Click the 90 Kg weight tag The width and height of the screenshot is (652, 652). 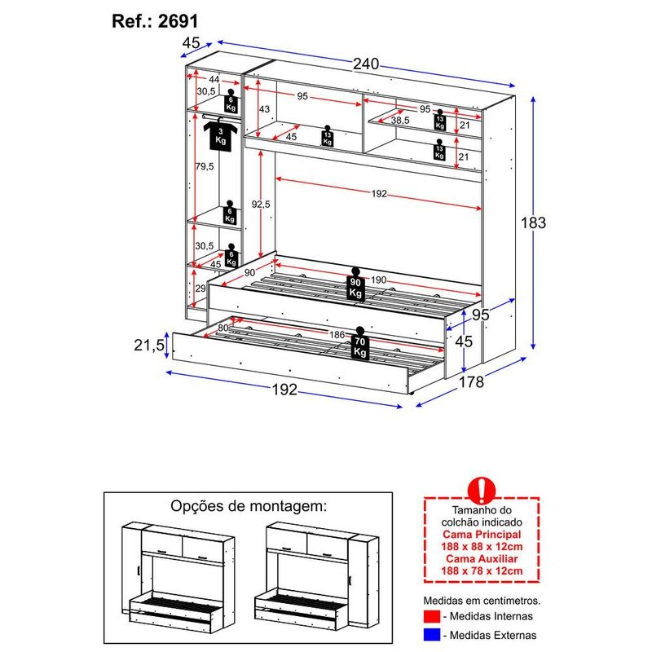pos(355,284)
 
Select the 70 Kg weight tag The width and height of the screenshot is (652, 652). pos(359,345)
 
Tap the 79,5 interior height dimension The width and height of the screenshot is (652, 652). pos(204,166)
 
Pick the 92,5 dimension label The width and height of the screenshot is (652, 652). pos(261,204)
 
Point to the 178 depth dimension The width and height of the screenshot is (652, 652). pos(471,381)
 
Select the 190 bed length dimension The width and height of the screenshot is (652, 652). pos(378,280)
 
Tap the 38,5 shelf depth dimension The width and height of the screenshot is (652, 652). pos(400,120)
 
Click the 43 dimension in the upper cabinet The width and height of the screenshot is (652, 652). pos(264,109)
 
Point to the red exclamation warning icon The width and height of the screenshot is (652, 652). pos(482,492)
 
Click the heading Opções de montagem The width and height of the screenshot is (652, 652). pos(249,505)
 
